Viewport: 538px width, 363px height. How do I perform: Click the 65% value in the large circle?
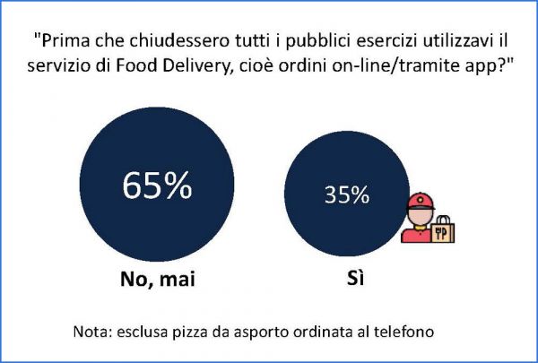157,186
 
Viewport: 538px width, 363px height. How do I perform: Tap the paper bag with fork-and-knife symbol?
444,229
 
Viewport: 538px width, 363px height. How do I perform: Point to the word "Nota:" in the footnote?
93,332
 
